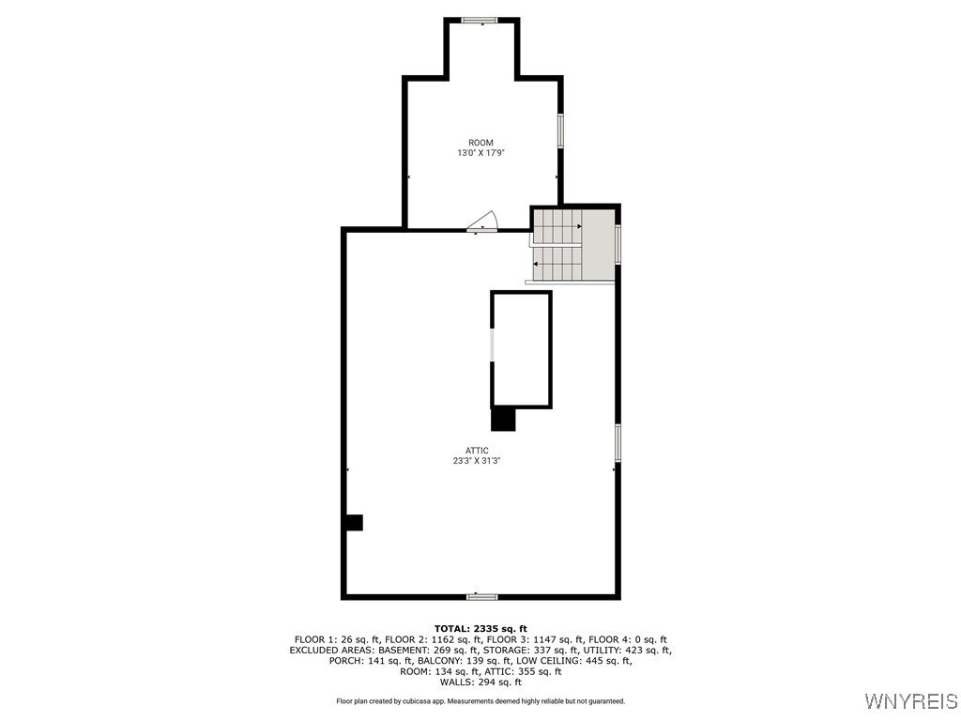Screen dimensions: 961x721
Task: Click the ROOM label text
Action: (x=480, y=143)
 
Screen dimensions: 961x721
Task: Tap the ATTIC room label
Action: (x=477, y=451)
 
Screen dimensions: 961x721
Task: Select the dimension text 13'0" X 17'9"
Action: (x=480, y=153)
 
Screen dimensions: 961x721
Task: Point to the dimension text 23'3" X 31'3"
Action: (x=477, y=461)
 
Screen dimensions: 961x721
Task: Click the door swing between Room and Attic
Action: (x=483, y=222)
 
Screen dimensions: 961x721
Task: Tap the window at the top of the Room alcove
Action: (x=480, y=21)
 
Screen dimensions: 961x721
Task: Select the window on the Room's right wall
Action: (x=559, y=130)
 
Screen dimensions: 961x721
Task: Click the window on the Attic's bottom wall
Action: (x=481, y=596)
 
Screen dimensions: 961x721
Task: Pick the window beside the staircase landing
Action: (x=618, y=245)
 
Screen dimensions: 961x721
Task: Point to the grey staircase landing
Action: (x=598, y=245)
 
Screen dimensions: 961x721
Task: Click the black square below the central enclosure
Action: (x=503, y=420)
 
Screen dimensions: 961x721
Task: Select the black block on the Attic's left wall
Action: (x=354, y=522)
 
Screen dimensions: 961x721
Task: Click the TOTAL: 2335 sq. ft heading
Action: (x=480, y=628)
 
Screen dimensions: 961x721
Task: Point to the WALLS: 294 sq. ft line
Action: (x=480, y=682)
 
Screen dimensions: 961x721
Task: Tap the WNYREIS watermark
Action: (x=910, y=700)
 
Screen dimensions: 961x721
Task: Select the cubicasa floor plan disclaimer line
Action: (x=480, y=700)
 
